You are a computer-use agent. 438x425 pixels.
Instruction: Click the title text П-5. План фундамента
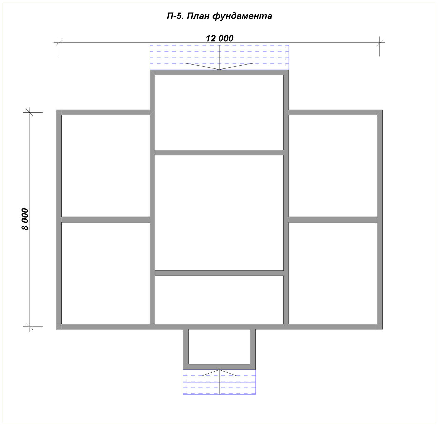click(x=219, y=16)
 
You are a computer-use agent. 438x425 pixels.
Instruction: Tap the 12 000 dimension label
click(x=219, y=38)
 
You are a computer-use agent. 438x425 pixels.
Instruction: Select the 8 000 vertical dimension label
click(x=25, y=219)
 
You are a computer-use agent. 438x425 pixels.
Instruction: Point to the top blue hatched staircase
click(x=219, y=57)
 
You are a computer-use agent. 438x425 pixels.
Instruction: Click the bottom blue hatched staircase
click(x=219, y=382)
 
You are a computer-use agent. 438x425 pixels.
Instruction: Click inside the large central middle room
click(x=219, y=213)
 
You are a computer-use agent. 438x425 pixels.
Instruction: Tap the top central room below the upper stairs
click(x=219, y=112)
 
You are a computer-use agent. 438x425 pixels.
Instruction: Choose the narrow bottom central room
click(x=219, y=300)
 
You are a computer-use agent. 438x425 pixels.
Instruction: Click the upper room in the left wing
click(x=105, y=166)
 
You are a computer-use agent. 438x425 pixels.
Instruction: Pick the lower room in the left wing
click(x=105, y=273)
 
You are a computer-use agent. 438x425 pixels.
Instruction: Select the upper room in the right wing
click(x=333, y=166)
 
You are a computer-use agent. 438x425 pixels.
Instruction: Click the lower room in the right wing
click(x=333, y=273)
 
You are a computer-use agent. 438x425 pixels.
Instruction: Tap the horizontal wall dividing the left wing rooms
click(x=105, y=220)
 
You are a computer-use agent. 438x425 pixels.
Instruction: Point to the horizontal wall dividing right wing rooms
click(x=333, y=220)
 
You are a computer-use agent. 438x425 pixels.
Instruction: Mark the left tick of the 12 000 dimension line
click(x=59, y=42)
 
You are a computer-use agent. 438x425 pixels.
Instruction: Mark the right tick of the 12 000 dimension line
click(x=380, y=42)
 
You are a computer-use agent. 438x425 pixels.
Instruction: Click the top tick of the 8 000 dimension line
click(x=29, y=112)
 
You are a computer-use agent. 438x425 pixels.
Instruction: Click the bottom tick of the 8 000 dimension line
click(x=29, y=327)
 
